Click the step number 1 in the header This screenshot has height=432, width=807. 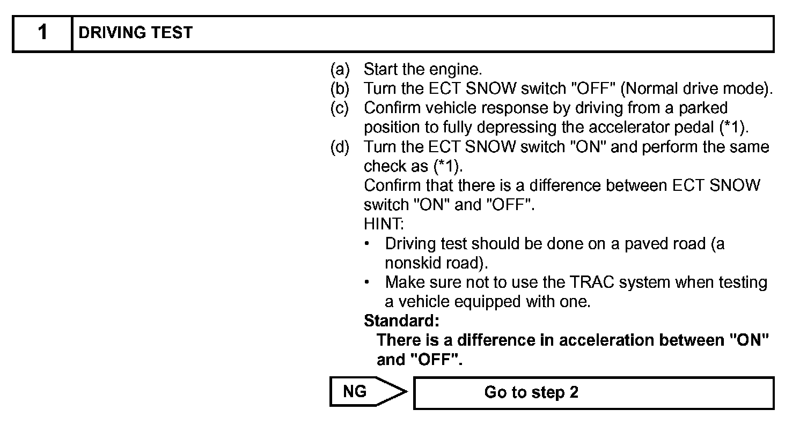(42, 33)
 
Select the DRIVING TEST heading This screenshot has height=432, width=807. (135, 33)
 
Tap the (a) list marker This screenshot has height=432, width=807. (340, 69)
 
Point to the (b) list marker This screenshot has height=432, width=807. (340, 88)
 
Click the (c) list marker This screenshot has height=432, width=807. (340, 108)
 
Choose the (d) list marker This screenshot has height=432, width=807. (340, 147)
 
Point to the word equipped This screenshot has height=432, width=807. (486, 302)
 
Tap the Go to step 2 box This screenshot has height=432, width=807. (593, 393)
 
